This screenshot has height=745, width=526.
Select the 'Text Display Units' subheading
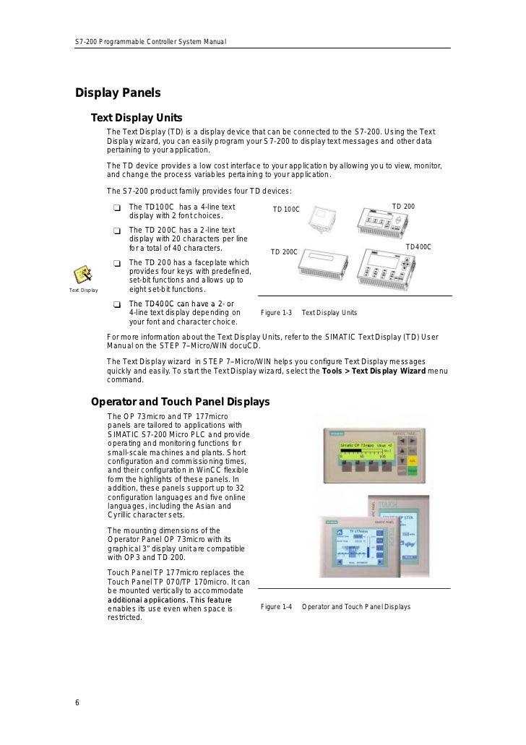137,119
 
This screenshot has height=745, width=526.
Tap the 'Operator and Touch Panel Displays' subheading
180,401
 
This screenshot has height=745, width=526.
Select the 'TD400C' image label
418,247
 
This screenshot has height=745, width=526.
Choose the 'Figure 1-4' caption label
275,607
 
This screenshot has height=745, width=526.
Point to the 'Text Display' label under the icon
83,290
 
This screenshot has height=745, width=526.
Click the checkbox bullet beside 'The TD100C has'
117,208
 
